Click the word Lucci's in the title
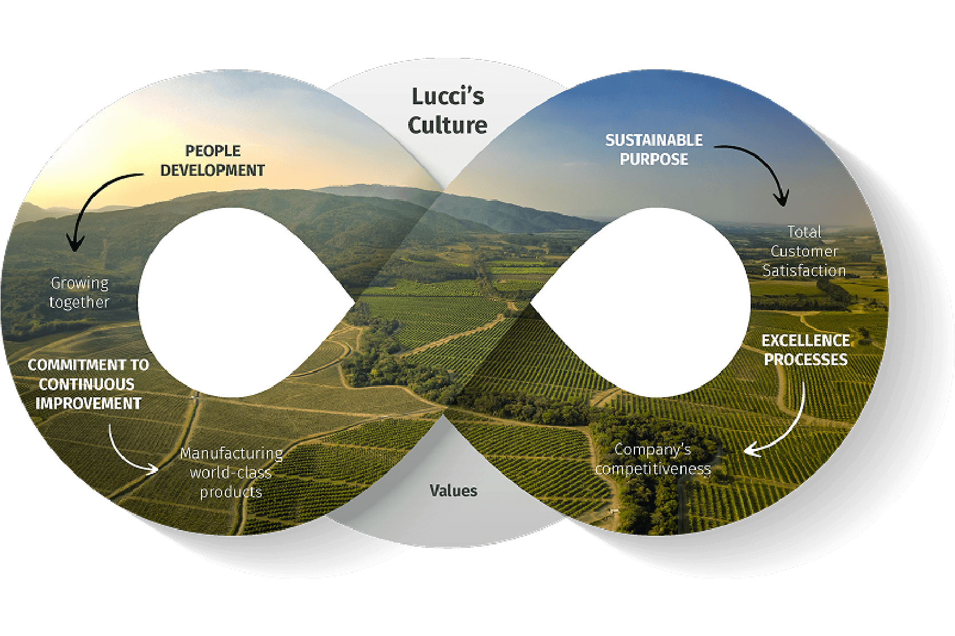[448, 97]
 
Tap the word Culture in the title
[448, 125]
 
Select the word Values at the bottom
[453, 491]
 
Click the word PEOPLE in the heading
[213, 151]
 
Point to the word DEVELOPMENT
[212, 171]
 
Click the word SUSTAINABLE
[654, 140]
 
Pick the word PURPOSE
[654, 159]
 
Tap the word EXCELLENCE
[806, 341]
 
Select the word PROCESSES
[806, 360]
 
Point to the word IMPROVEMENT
[88, 404]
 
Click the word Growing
[80, 283]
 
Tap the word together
[80, 302]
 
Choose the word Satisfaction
[804, 271]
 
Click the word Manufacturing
[231, 453]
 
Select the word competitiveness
[653, 469]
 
